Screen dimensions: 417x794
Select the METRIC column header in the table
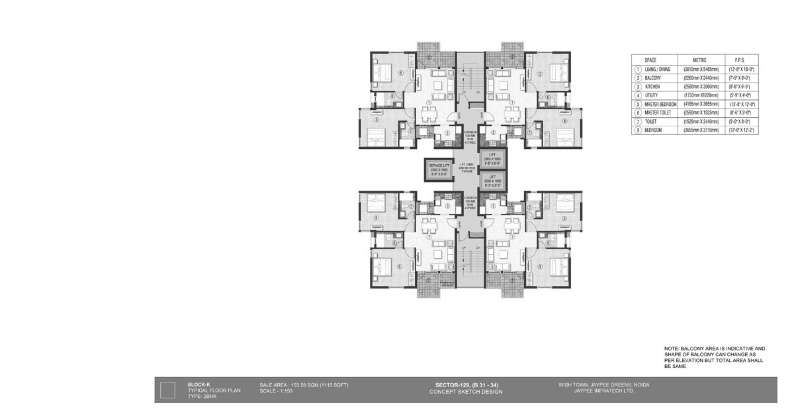(699, 60)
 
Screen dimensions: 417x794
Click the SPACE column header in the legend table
(650, 60)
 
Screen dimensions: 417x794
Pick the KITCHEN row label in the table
(654, 87)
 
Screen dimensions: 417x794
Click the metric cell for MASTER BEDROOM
(699, 104)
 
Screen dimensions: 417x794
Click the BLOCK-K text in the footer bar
(198, 385)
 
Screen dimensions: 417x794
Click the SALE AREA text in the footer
(304, 385)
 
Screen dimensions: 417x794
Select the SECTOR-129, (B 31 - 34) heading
(466, 385)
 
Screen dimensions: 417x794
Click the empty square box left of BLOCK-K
(167, 389)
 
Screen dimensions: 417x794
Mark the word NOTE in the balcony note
(672, 348)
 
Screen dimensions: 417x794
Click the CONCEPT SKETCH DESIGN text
(466, 392)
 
